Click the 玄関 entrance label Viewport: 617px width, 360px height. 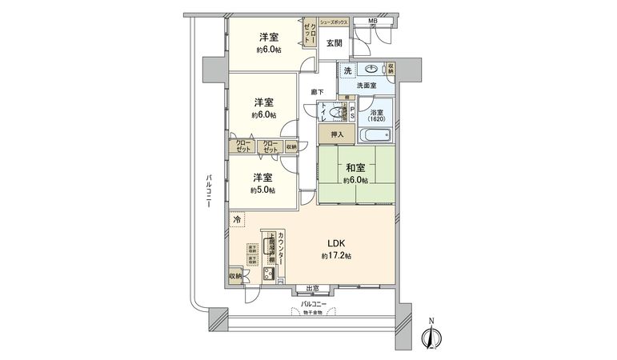333,44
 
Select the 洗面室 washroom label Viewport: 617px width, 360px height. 367,86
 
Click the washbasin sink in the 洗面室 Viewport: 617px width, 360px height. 371,70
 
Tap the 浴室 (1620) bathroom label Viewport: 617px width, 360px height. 376,115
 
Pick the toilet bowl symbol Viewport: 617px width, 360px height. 335,113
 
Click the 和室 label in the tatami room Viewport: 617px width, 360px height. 356,169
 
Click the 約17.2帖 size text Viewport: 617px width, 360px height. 337,255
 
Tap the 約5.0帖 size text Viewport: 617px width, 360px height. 262,190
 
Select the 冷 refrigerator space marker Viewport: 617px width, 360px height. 237,217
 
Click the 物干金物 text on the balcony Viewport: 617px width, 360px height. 313,312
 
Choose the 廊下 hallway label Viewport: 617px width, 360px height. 318,92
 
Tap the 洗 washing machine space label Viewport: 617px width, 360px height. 347,71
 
